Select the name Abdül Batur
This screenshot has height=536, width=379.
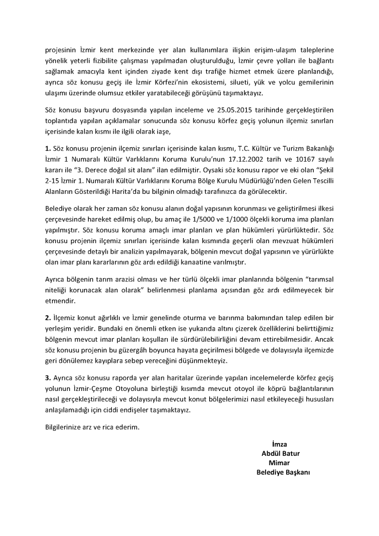[281, 453]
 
